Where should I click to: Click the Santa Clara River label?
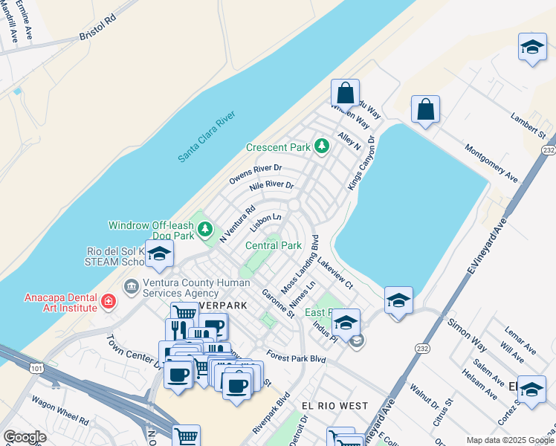pos(206,137)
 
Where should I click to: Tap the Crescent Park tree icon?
pos(322,146)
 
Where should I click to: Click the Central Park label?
pos(274,245)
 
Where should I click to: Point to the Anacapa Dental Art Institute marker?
pos(109,301)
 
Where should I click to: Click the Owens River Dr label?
pos(256,174)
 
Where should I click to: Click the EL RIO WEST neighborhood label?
pos(334,406)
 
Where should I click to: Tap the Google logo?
pos(25,436)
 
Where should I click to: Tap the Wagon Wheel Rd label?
pos(61,407)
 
